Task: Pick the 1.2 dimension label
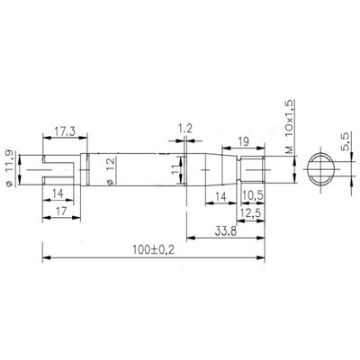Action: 185,128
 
